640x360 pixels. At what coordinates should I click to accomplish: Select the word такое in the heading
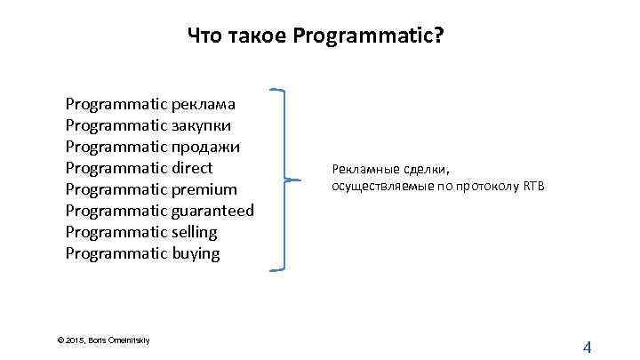(x=256, y=37)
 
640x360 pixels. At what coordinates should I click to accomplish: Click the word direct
(x=193, y=167)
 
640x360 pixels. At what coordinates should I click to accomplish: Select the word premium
(x=204, y=188)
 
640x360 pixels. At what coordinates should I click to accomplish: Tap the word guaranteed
(x=213, y=210)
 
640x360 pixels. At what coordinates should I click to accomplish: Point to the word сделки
(x=428, y=168)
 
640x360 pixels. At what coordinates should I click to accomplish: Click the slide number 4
(x=587, y=347)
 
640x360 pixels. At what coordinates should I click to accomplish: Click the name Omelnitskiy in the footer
(x=129, y=340)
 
